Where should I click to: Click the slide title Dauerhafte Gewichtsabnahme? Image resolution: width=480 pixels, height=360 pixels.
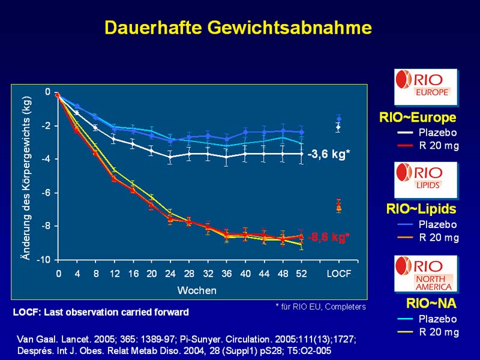click(238, 28)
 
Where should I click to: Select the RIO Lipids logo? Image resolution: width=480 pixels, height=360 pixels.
click(425, 180)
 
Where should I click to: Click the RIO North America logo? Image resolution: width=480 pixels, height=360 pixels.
click(425, 274)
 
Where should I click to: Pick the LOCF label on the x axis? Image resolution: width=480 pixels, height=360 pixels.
click(339, 274)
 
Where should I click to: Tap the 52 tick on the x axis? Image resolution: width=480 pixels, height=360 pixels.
click(301, 274)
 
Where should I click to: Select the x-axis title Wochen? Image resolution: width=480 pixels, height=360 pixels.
click(197, 290)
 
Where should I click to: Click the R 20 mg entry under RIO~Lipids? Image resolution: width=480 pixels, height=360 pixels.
click(439, 238)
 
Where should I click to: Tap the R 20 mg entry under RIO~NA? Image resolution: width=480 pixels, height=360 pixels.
click(439, 332)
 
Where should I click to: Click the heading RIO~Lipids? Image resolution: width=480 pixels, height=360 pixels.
click(421, 209)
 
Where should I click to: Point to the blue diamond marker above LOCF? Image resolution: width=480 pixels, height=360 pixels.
click(339, 119)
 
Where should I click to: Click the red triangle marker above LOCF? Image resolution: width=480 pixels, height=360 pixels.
click(339, 205)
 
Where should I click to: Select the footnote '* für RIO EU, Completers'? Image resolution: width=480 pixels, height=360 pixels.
click(320, 307)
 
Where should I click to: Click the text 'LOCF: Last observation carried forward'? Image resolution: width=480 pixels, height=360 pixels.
click(101, 312)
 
